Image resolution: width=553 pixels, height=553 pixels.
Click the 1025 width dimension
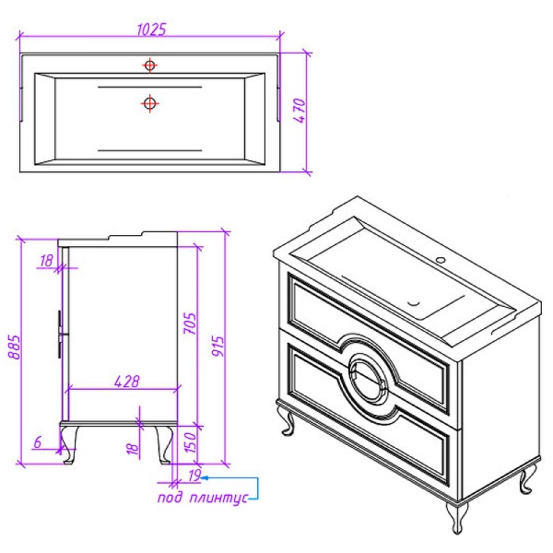point(151,29)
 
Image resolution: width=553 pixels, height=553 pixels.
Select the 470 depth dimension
point(300,111)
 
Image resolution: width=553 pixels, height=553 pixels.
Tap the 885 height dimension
point(15,347)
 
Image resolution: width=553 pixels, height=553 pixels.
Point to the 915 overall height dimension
point(218,346)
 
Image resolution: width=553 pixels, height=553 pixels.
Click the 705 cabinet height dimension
point(189,324)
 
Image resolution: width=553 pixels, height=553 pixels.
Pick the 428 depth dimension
point(127,382)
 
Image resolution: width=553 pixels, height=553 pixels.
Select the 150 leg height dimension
point(190,443)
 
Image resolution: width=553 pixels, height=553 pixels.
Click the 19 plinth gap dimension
point(194,475)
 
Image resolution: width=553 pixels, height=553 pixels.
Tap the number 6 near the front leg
point(38,441)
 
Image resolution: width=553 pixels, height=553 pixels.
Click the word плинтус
point(218,499)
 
